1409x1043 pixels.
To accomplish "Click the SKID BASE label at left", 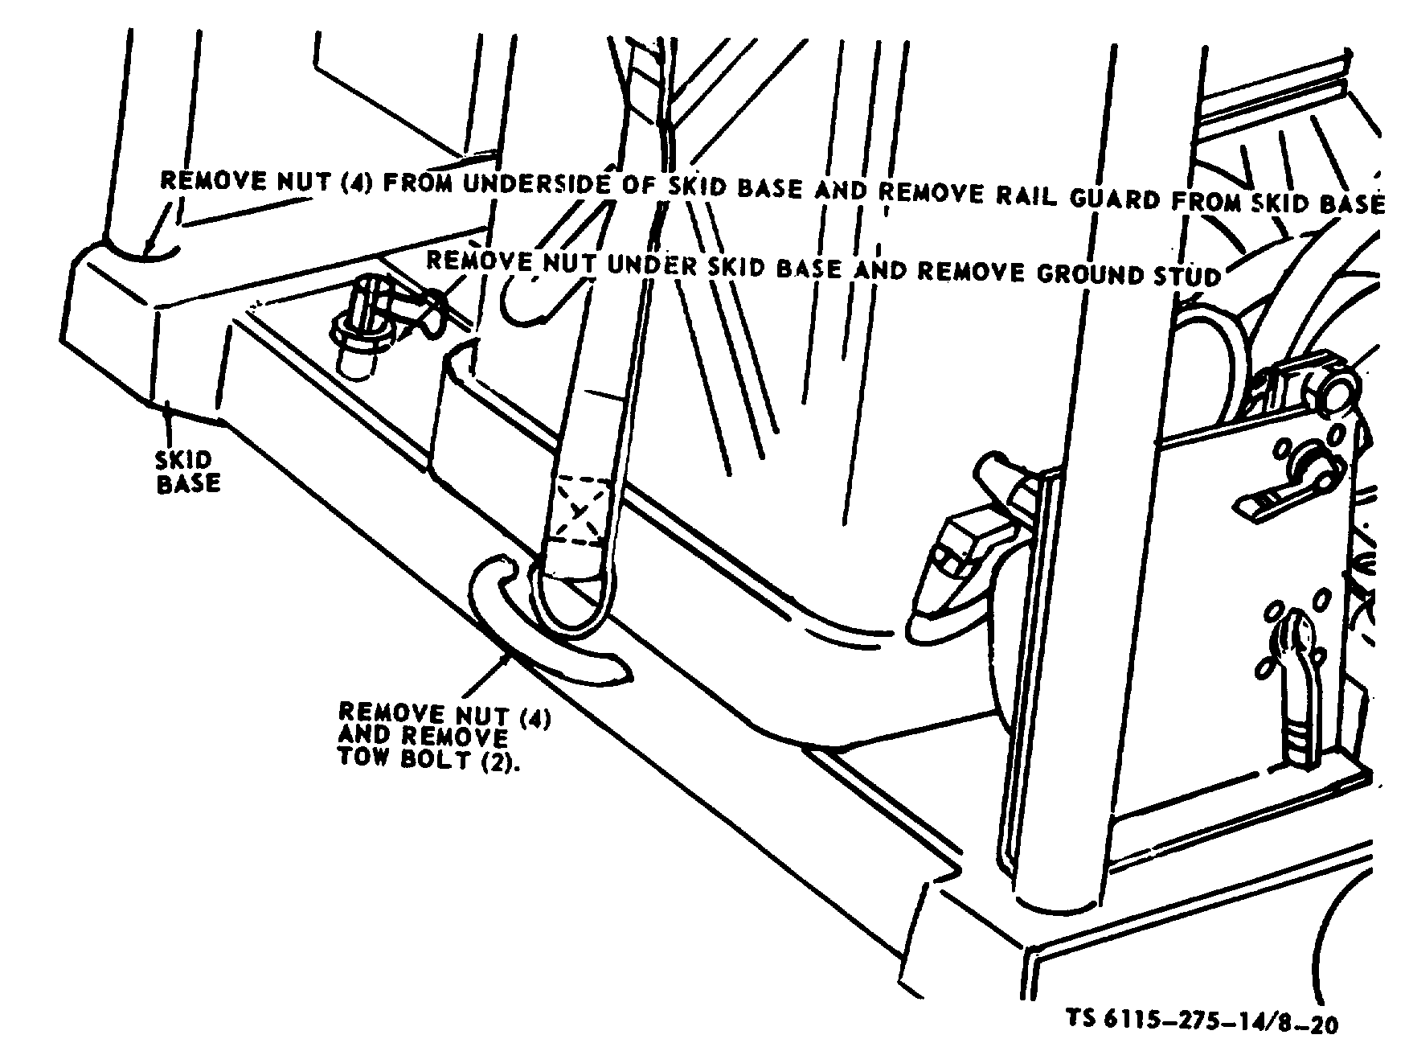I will (x=187, y=472).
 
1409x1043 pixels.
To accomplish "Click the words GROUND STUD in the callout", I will (x=1128, y=274).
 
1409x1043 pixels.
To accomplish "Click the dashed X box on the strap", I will (x=579, y=510).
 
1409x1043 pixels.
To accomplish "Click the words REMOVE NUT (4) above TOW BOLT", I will (x=444, y=714).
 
